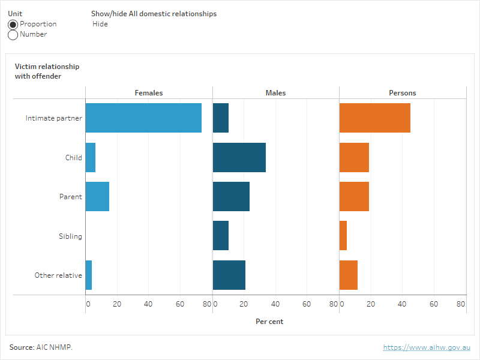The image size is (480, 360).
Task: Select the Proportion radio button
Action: pos(13,24)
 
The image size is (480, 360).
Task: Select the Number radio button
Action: pos(13,35)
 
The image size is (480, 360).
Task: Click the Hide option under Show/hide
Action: pos(100,24)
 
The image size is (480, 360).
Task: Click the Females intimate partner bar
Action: pos(143,118)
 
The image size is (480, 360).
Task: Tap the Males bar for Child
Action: pos(239,157)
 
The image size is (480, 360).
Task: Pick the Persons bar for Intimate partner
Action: pos(375,118)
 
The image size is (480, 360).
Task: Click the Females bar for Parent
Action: pos(97,197)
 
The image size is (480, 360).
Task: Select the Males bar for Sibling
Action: pos(221,236)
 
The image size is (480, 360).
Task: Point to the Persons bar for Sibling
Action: pos(343,236)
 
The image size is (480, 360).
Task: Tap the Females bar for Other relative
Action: pos(89,275)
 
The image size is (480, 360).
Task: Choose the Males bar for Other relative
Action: pos(229,275)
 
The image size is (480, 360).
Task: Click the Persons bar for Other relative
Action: pos(349,275)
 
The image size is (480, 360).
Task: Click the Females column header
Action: pos(149,93)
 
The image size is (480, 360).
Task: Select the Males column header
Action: pos(276,93)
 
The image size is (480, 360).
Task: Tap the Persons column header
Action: pos(403,93)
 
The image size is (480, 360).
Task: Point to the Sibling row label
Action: pos(70,236)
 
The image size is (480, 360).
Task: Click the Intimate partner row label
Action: pos(53,118)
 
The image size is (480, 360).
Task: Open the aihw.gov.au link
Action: pos(427,347)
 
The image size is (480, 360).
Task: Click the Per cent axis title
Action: pos(269,322)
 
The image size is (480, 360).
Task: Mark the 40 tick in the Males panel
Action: pos(276,304)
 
